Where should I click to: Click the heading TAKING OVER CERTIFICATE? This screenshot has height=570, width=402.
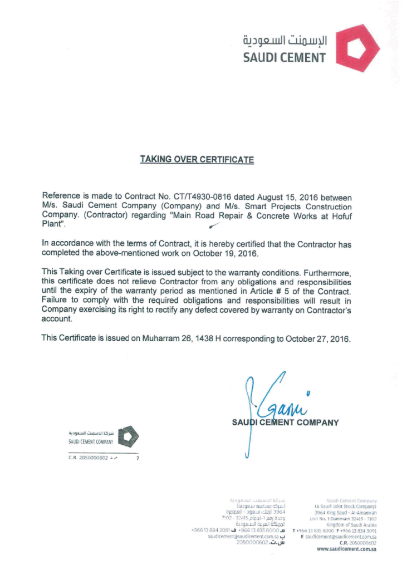click(x=197, y=160)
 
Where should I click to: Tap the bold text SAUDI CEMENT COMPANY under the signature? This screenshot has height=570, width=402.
click(x=285, y=422)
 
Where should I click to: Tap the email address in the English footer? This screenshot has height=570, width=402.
click(x=341, y=537)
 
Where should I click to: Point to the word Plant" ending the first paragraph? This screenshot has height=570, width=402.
click(x=54, y=224)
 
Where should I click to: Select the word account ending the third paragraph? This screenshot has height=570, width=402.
click(x=57, y=320)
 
